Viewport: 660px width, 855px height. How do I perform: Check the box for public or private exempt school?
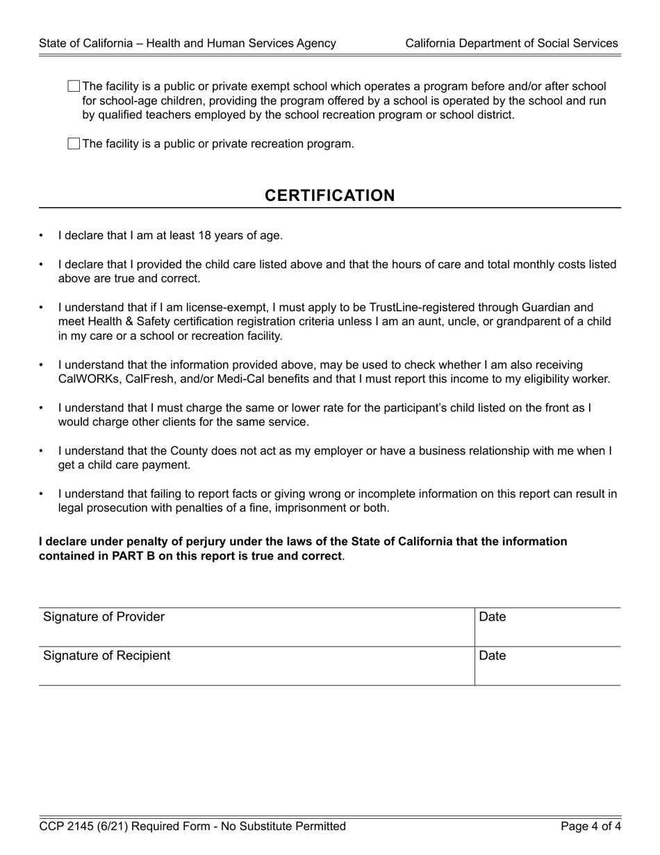[74, 86]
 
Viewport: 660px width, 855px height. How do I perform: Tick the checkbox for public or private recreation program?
[74, 144]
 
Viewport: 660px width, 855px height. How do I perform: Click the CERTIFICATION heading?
[329, 195]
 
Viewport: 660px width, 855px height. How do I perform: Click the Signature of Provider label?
[104, 617]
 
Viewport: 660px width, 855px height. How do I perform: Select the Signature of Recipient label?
[106, 656]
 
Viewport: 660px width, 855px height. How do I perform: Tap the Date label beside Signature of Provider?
[493, 617]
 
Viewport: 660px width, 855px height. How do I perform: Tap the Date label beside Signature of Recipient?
[493, 656]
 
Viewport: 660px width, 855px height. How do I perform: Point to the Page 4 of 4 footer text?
[591, 826]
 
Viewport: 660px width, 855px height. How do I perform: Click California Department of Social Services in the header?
[511, 43]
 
